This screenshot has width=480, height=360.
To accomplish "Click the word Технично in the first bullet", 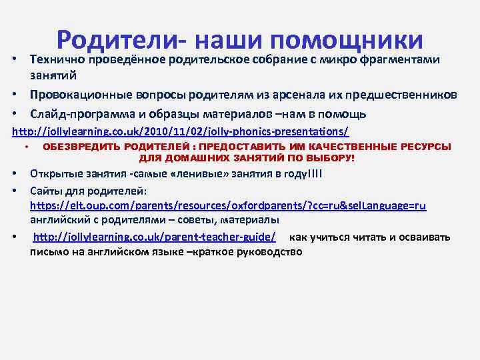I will coord(57,60).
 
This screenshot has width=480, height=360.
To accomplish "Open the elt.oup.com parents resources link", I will coord(227,206).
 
